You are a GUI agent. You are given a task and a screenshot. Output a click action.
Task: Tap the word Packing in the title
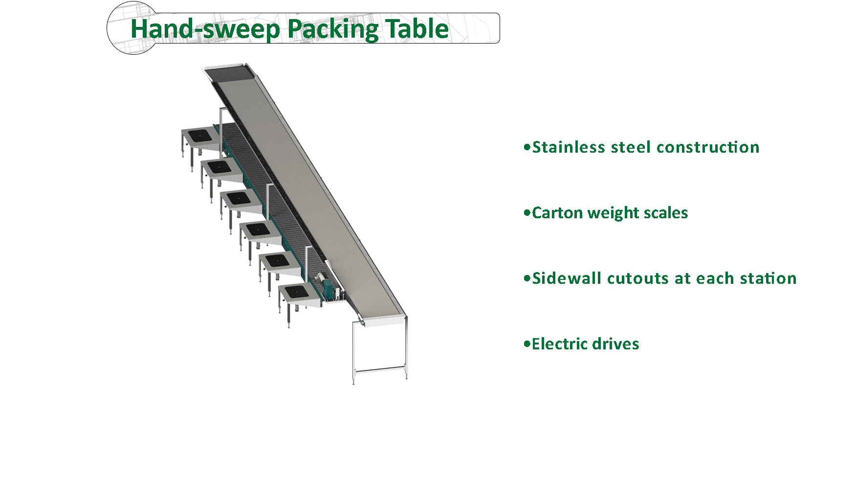332,29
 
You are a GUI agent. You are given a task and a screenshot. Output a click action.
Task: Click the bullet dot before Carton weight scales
527,213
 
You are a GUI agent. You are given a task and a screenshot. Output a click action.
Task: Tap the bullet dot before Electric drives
527,344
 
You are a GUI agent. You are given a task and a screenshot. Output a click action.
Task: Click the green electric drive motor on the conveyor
332,289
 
